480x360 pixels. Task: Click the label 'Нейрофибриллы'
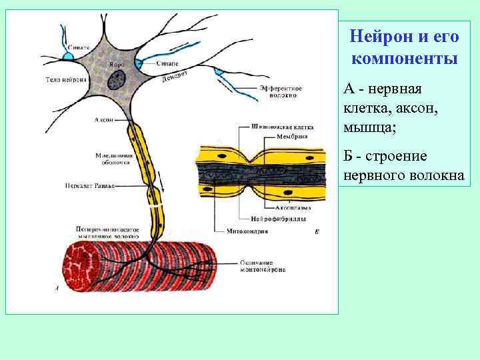(x=278, y=220)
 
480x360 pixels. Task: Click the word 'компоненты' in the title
(x=404, y=58)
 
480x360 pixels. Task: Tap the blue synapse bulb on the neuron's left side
(x=68, y=57)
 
